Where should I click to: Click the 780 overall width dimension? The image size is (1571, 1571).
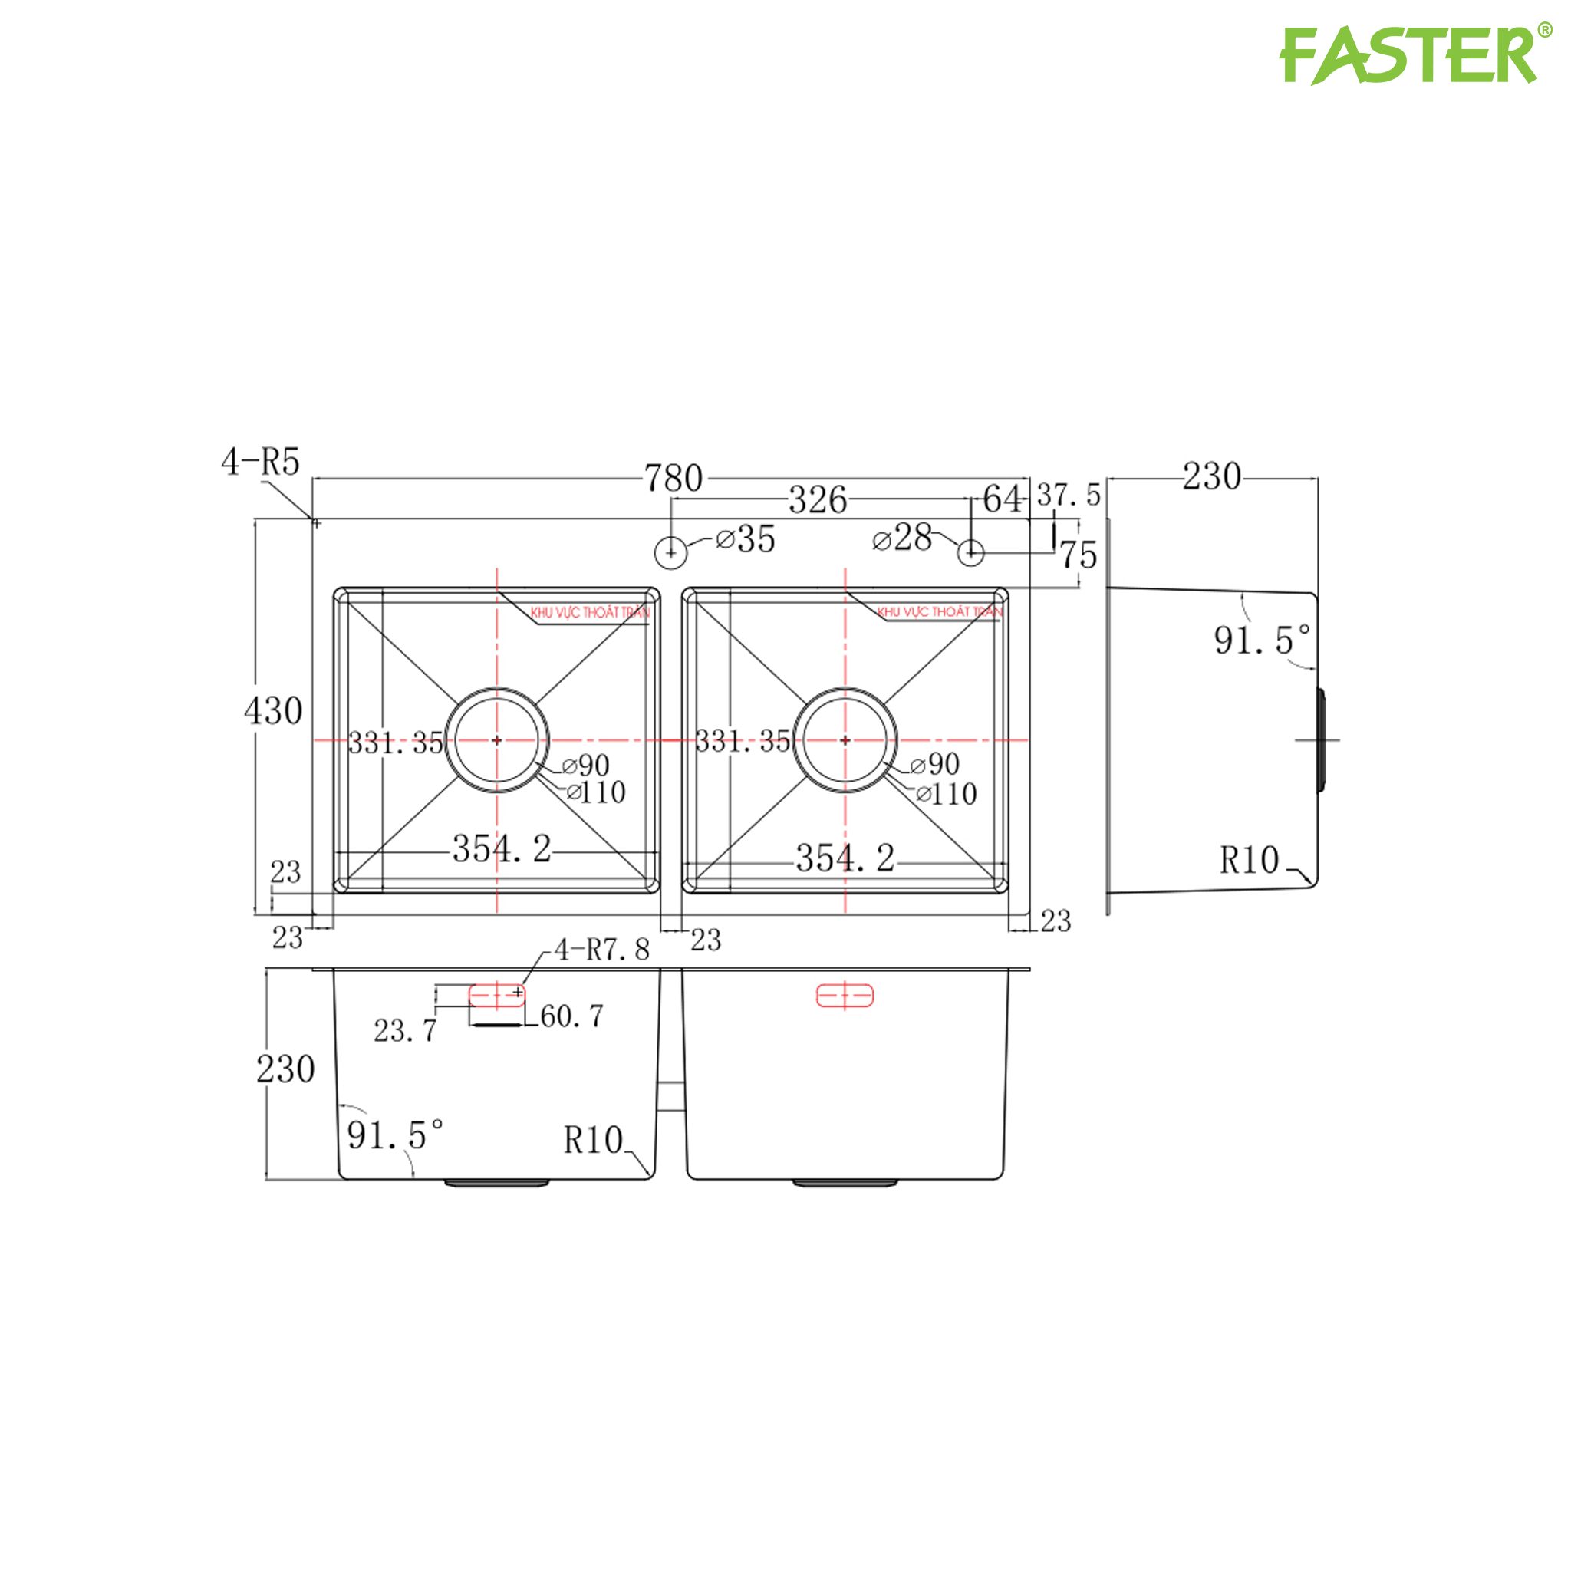[674, 478]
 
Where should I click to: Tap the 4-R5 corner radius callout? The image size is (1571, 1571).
[260, 462]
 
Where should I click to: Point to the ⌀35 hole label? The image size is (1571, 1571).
[745, 539]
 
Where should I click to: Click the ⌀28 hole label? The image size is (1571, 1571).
[902, 538]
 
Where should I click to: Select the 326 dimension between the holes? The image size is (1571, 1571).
[817, 500]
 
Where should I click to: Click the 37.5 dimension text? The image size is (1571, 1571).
[1069, 495]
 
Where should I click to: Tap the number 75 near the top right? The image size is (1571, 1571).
[1079, 555]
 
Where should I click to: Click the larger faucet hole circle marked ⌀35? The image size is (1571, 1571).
[671, 553]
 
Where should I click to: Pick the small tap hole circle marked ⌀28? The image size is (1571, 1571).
[971, 553]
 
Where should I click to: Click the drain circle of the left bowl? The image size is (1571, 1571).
[497, 740]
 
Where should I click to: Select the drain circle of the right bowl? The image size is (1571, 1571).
[845, 740]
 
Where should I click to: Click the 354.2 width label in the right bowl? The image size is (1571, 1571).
[845, 858]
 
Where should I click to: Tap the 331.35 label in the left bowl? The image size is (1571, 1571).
[396, 743]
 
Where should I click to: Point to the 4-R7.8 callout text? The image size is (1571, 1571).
[601, 950]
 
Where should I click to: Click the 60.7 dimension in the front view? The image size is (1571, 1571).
[571, 1016]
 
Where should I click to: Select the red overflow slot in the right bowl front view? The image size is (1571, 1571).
[845, 995]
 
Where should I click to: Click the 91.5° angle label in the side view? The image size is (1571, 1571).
[1261, 641]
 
